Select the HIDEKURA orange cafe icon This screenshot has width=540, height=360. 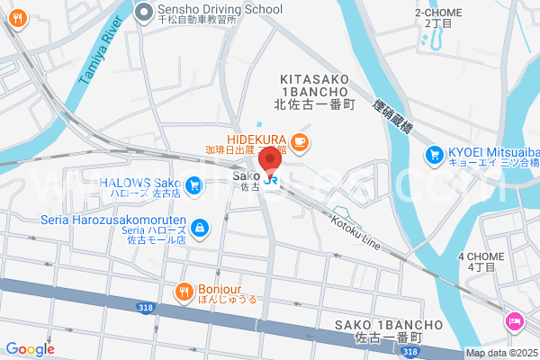point(300,140)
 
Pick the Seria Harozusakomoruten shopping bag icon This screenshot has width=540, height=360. point(199,229)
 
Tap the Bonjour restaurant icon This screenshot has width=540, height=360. point(183,291)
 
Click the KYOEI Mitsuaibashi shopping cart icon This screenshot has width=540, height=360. point(436,154)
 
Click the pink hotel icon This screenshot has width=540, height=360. point(514,319)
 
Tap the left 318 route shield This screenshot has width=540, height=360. point(145,308)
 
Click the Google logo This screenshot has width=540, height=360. point(30,349)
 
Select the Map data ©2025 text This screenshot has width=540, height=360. point(500,354)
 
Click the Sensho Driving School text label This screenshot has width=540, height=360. point(220,10)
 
